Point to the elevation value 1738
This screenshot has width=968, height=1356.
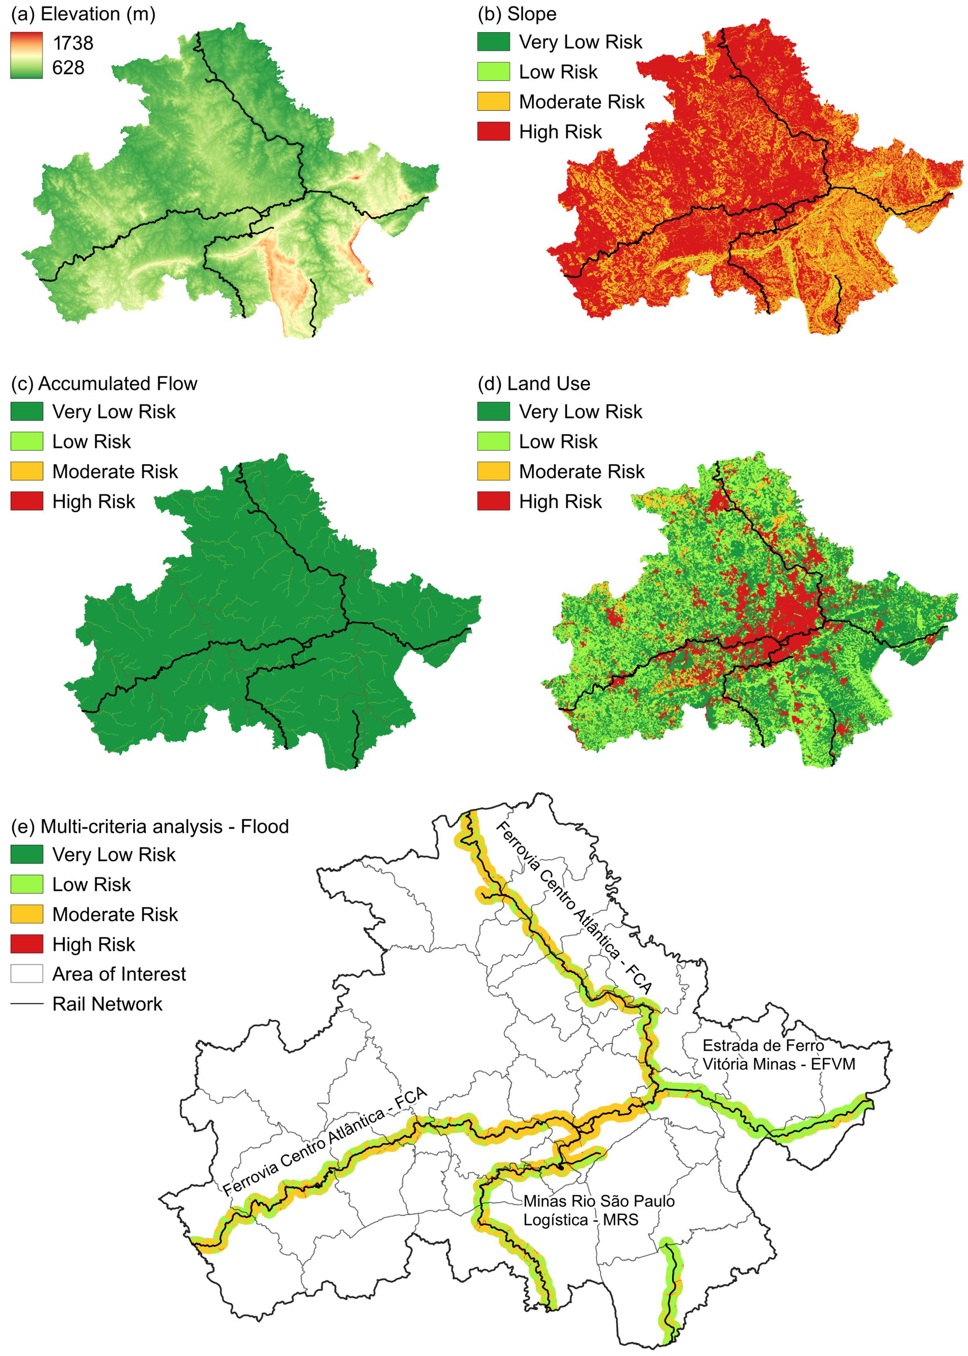73,43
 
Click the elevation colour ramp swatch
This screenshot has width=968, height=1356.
26,55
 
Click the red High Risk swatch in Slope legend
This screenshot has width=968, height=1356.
493,131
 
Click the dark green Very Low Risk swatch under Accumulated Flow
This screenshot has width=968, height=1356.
26,411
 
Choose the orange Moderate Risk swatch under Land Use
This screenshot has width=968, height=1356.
493,471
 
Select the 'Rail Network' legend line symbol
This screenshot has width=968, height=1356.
26,1004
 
